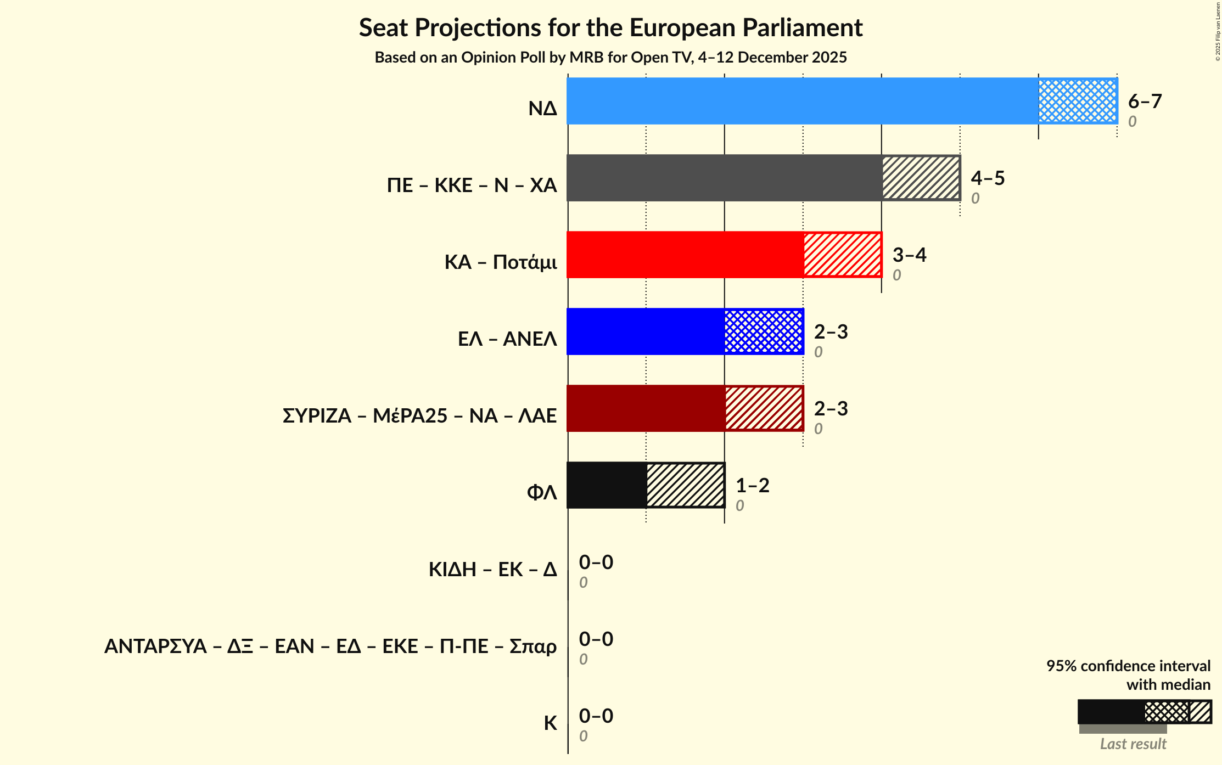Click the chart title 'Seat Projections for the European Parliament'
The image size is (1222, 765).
coord(610,28)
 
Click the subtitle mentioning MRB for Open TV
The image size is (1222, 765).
coord(610,58)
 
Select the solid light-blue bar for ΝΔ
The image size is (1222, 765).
coord(802,101)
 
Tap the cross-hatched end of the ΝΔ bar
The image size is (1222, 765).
coord(1078,101)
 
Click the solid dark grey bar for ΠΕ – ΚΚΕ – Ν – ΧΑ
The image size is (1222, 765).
coord(724,178)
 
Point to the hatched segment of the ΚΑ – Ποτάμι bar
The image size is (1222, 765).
coord(843,255)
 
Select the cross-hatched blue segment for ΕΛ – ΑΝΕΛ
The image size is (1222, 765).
coord(764,331)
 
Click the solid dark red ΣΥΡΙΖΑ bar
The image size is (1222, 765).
coord(646,408)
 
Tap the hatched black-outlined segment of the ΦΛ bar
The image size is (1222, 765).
coord(685,485)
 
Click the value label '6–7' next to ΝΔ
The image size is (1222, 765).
coord(1145,102)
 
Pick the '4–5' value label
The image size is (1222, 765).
coord(988,178)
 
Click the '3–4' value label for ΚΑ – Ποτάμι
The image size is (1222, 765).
coord(909,255)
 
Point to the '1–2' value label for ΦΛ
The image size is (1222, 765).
coord(752,486)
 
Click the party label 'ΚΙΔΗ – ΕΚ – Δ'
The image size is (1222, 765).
coord(492,570)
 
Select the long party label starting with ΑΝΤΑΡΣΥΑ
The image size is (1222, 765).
coord(330,646)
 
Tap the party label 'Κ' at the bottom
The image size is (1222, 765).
coord(550,723)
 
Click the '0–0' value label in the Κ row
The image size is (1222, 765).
coord(596,716)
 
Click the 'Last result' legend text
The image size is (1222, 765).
coord(1133,744)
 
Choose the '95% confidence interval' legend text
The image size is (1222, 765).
coord(1128,666)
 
